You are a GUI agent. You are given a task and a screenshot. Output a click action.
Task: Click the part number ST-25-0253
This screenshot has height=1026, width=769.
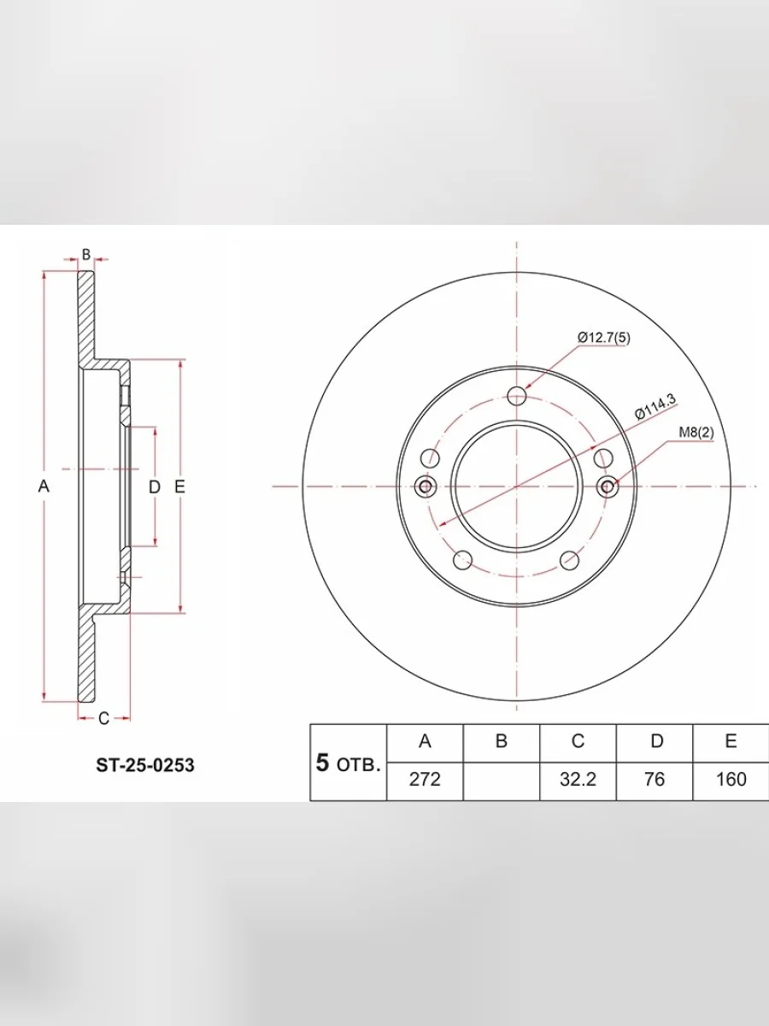pyautogui.click(x=144, y=765)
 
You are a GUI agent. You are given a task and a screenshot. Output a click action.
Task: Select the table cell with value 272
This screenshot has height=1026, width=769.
pyautogui.click(x=425, y=779)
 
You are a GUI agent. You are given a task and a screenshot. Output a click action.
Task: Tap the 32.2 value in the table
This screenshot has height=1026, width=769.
pyautogui.click(x=578, y=779)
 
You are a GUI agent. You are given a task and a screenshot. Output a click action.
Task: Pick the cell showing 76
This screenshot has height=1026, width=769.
pyautogui.click(x=655, y=779)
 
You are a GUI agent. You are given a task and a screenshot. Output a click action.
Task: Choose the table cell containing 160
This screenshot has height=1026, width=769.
pyautogui.click(x=731, y=779)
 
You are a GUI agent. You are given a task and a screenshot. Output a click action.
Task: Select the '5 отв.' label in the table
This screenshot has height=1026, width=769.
pyautogui.click(x=348, y=764)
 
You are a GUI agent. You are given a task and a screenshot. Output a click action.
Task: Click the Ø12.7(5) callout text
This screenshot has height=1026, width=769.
pyautogui.click(x=604, y=338)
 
